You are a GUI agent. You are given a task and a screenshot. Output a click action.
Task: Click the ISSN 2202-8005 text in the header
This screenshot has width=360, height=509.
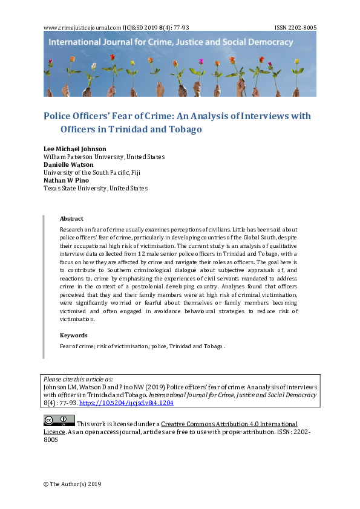295,28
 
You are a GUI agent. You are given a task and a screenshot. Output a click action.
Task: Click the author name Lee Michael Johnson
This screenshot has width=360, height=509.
75,149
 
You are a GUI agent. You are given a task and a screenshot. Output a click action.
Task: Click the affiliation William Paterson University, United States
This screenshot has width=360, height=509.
104,157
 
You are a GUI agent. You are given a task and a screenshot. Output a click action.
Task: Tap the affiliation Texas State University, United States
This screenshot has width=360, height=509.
96,188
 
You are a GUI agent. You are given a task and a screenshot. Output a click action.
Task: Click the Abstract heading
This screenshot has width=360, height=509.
71,219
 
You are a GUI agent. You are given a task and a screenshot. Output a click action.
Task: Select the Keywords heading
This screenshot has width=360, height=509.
73,335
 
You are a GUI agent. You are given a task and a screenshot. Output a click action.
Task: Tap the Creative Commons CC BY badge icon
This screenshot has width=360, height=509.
59,421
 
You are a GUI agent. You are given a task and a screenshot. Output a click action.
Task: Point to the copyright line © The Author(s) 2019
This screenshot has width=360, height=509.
72,484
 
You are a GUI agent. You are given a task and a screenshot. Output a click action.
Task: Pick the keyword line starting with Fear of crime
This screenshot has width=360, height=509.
142,346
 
